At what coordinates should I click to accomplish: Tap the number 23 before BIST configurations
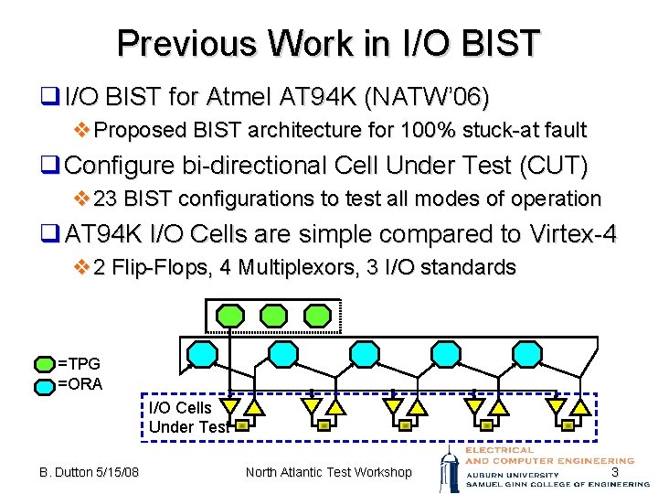pyautogui.click(x=106, y=199)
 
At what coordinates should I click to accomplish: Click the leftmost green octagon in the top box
pyautogui.click(x=229, y=317)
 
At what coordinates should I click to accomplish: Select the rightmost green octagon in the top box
pyautogui.click(x=317, y=317)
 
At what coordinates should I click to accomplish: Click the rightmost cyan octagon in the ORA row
pyautogui.click(x=526, y=353)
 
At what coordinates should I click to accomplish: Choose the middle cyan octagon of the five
pyautogui.click(x=365, y=353)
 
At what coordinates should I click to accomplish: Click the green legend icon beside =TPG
pyautogui.click(x=45, y=364)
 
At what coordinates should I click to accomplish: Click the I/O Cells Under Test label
pyautogui.click(x=186, y=417)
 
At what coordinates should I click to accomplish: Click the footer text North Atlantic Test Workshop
pyautogui.click(x=329, y=472)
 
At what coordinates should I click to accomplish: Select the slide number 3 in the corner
pyautogui.click(x=615, y=472)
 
